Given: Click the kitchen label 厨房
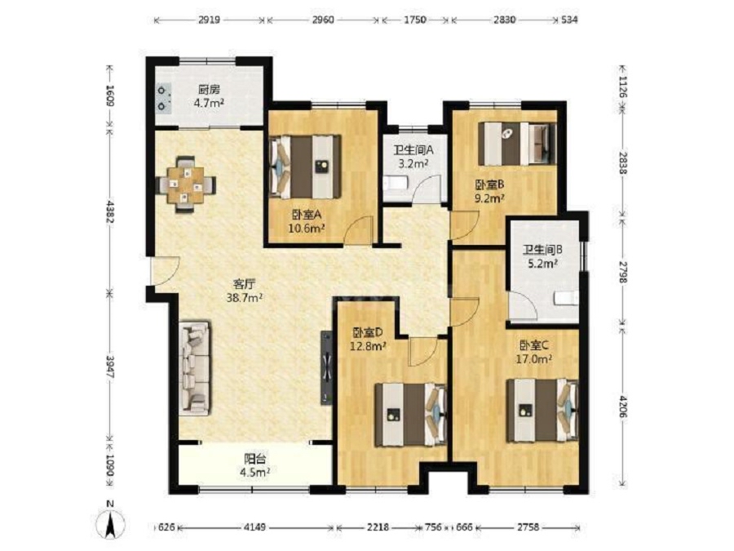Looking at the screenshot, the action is pyautogui.click(x=209, y=90).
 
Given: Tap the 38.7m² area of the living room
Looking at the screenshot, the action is pyautogui.click(x=244, y=297).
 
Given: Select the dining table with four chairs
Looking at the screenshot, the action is pyautogui.click(x=186, y=184).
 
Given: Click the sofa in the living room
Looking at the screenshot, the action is pyautogui.click(x=194, y=368).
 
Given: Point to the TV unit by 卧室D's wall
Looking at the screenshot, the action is pyautogui.click(x=326, y=368).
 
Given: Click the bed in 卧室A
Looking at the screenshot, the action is pyautogui.click(x=306, y=167).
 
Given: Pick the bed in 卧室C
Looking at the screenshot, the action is pyautogui.click(x=543, y=411).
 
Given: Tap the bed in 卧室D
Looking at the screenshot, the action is pyautogui.click(x=410, y=415).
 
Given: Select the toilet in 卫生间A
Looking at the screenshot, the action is pyautogui.click(x=395, y=183).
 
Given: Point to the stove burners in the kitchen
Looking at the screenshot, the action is pyautogui.click(x=162, y=99).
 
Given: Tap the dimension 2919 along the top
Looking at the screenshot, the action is pyautogui.click(x=209, y=20).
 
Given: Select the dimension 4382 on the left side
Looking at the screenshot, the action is pyautogui.click(x=109, y=212).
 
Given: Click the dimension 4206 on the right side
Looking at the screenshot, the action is pyautogui.click(x=622, y=406).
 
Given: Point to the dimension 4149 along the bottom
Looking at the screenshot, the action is pyautogui.click(x=255, y=527).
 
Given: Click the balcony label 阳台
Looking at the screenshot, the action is pyautogui.click(x=254, y=459).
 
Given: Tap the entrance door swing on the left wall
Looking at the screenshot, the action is pyautogui.click(x=165, y=271).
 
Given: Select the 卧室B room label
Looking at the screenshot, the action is pyautogui.click(x=488, y=184).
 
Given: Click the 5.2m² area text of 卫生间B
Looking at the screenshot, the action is pyautogui.click(x=542, y=264).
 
